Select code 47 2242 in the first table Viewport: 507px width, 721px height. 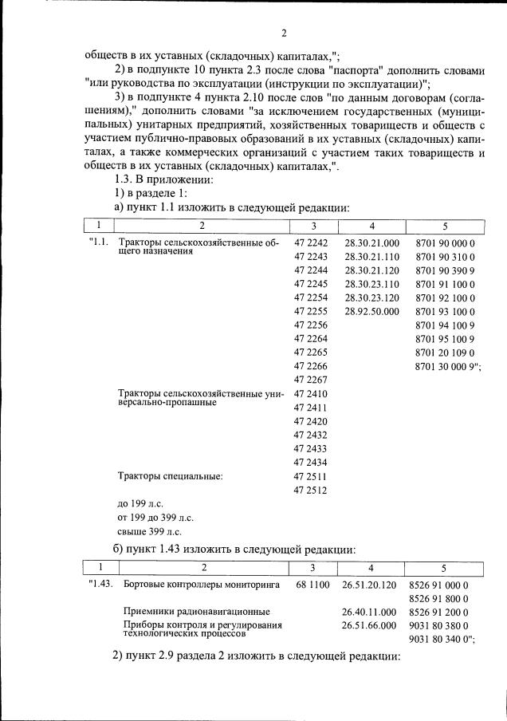pyautogui.click(x=311, y=242)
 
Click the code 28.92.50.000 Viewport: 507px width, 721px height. pyautogui.click(x=371, y=311)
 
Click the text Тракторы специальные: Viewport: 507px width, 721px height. pyautogui.click(x=170, y=476)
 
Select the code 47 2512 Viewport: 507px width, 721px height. pyautogui.click(x=311, y=491)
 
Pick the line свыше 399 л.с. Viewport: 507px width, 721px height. pyautogui.click(x=149, y=530)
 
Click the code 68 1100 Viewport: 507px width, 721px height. pyautogui.click(x=312, y=585)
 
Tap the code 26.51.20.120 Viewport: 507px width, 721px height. pyautogui.click(x=369, y=585)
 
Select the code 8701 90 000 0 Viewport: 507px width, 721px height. pyautogui.click(x=445, y=242)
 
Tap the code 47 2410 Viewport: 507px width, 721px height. pyautogui.click(x=311, y=393)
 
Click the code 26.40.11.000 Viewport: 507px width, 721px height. pyautogui.click(x=369, y=612)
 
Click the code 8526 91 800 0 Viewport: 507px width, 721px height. pyautogui.click(x=438, y=598)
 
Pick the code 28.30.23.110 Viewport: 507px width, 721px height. pyautogui.click(x=371, y=283)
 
